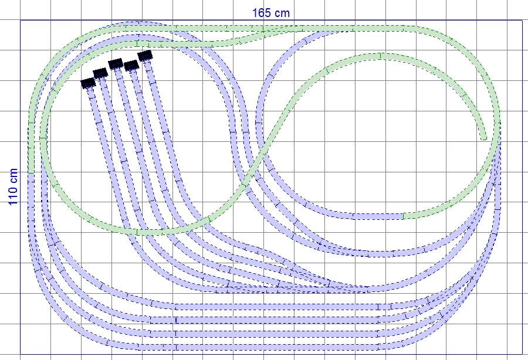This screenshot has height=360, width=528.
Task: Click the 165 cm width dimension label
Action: (270, 13)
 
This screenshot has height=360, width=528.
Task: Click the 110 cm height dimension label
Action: (13, 186)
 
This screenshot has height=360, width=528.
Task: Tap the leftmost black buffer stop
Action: (88, 83)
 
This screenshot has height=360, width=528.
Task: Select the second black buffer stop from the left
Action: (100, 73)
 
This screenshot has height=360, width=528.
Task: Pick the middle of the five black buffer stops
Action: (116, 63)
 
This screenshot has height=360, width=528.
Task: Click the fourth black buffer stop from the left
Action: (131, 65)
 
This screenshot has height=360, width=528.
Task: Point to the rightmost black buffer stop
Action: (145, 56)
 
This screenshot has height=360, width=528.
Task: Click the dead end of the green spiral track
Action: (484, 138)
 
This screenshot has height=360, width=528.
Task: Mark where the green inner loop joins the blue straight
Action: (403, 216)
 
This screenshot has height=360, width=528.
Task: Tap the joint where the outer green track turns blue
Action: (31, 174)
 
